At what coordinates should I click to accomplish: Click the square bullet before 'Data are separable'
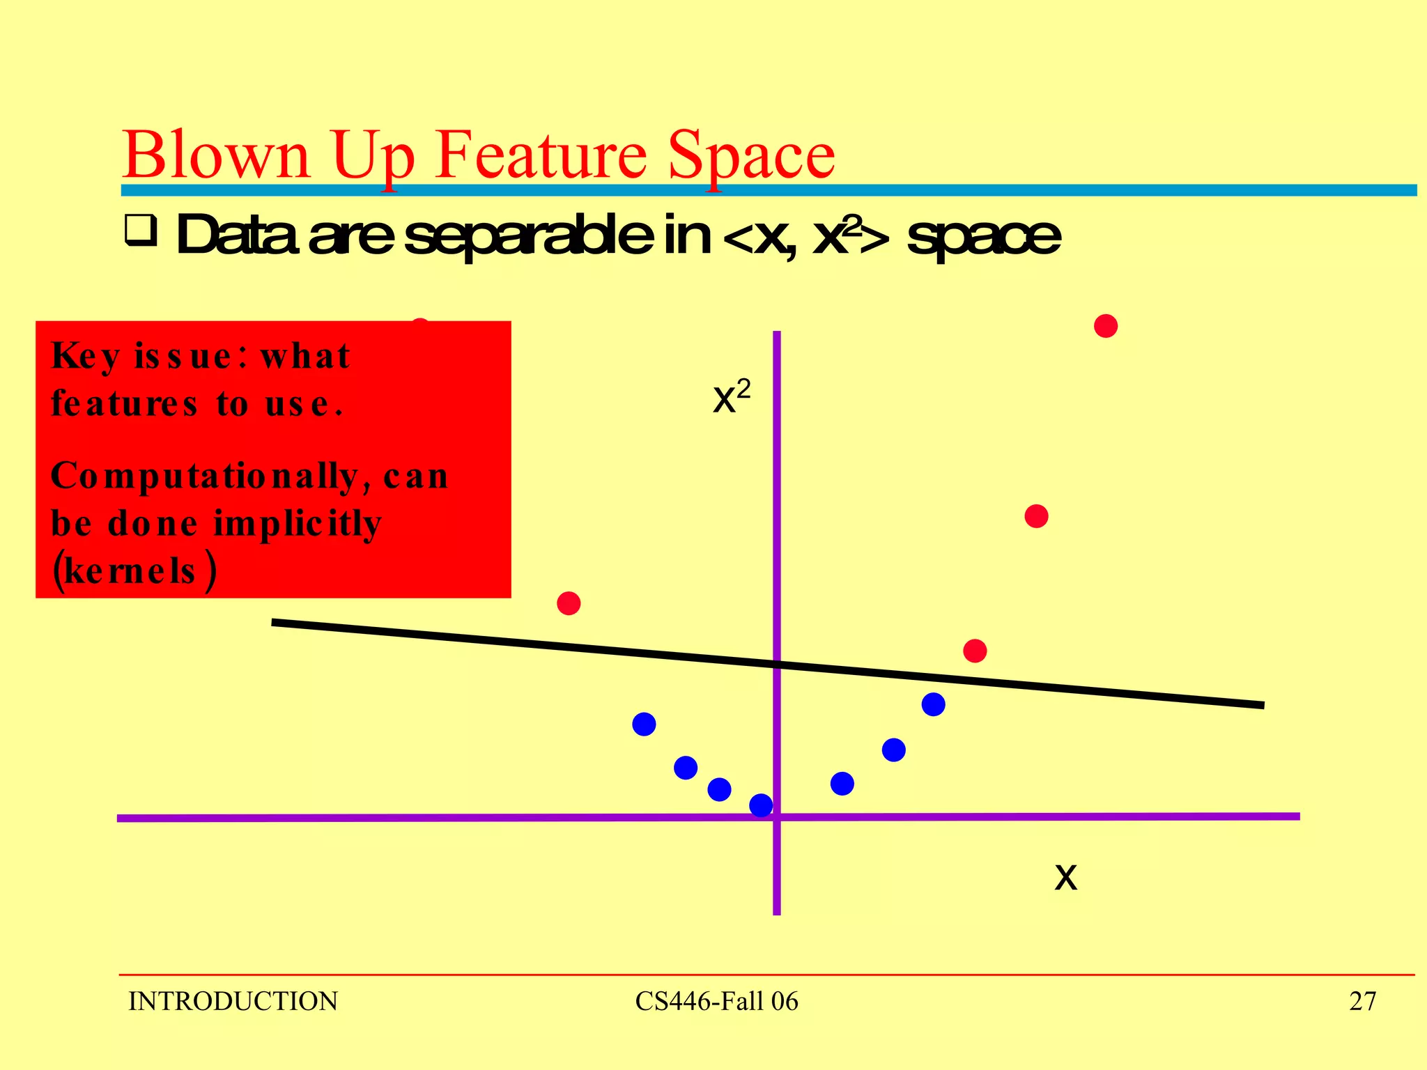pos(140,231)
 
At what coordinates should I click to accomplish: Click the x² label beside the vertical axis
pos(731,397)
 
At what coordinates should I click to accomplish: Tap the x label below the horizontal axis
pos(1065,876)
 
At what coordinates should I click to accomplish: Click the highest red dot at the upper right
pos(1106,326)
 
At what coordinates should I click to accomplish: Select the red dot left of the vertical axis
pos(569,603)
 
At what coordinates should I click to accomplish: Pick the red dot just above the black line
pos(975,651)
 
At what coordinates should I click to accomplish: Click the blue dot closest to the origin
pos(761,805)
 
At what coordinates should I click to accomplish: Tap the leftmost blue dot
pos(644,724)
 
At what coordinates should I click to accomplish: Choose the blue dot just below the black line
pos(933,704)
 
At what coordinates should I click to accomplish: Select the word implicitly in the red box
pos(298,524)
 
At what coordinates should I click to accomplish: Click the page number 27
pos(1362,1001)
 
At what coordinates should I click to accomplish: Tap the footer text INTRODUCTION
pos(233,1001)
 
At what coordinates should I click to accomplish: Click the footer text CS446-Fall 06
pos(716,1001)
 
